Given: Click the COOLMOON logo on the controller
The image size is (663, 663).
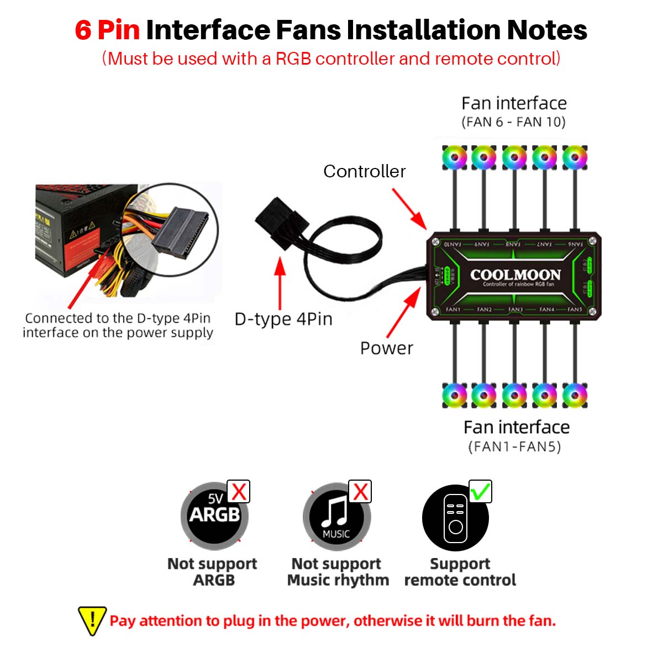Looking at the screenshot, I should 515,275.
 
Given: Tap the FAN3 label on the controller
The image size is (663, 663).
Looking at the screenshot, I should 515,309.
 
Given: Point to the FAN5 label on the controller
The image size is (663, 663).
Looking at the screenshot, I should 575,309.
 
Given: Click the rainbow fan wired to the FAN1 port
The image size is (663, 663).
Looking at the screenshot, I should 454,396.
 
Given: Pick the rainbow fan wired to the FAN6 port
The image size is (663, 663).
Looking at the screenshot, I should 575,158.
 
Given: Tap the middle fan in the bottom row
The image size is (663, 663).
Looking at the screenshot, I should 514,396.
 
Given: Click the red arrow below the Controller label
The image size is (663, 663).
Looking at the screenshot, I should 409,208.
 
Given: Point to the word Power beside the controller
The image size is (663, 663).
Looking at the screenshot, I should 386,348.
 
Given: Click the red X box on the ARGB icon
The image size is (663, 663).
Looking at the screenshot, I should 239,491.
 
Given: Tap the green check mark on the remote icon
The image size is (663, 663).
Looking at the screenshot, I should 480,491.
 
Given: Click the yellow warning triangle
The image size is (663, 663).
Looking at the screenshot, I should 92,620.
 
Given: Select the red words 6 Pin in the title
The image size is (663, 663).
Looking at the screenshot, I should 107,30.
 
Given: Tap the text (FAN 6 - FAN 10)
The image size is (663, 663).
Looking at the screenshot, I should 513,122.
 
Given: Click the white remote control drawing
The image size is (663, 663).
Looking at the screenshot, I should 455,518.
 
